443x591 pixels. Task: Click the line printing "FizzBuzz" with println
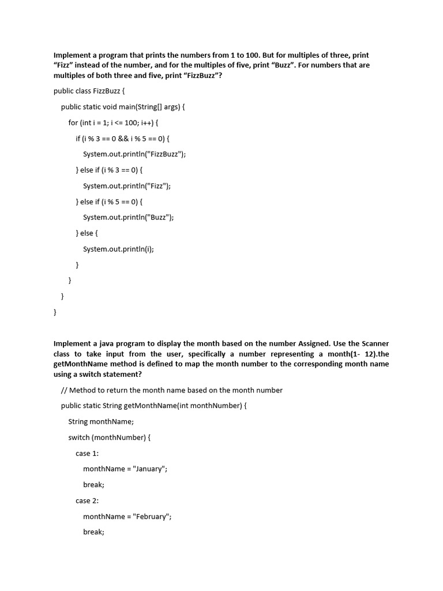(x=134, y=154)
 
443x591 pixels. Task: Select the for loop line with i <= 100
(x=113, y=122)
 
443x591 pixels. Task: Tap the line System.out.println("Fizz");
(x=127, y=186)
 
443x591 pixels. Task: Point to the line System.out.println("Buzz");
(x=128, y=217)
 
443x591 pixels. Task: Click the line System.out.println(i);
(x=118, y=249)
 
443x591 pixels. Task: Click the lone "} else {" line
(x=87, y=233)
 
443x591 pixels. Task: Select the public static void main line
(x=123, y=107)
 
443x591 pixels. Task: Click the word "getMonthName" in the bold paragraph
(x=80, y=364)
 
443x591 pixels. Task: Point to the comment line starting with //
(x=171, y=390)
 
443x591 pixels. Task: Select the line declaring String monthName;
(x=101, y=421)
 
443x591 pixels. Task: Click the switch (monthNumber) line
(x=109, y=437)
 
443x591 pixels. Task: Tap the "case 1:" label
(x=87, y=453)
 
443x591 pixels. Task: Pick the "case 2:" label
(x=87, y=500)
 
